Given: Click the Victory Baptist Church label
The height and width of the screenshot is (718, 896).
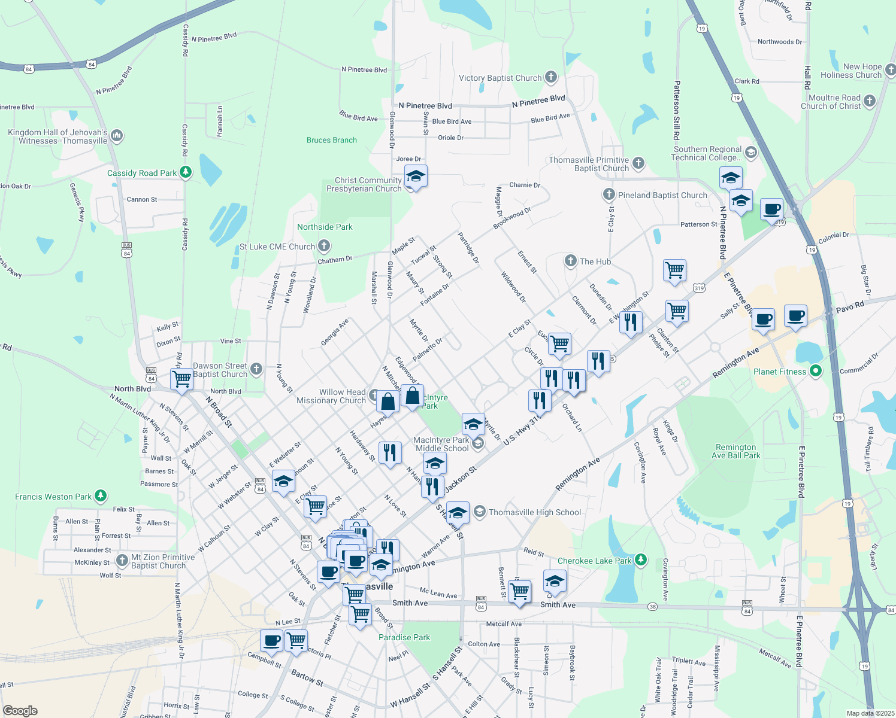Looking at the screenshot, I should tap(500, 78).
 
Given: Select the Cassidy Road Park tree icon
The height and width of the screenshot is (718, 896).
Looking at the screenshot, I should tap(186, 173).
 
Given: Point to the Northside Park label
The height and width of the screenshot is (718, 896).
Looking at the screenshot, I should tap(325, 227).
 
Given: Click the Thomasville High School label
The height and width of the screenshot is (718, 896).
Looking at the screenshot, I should tap(535, 512).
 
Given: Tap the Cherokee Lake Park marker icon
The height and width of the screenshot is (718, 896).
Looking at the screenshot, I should tap(641, 560).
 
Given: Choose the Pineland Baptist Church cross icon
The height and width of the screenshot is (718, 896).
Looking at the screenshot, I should tap(609, 194).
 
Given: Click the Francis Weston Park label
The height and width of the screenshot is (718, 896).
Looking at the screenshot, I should tap(53, 497).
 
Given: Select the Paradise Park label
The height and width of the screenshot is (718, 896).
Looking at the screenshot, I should tap(404, 637).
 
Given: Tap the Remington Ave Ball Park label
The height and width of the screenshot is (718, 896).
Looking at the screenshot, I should tap(735, 451).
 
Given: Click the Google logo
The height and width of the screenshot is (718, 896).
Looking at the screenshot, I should tap(20, 710).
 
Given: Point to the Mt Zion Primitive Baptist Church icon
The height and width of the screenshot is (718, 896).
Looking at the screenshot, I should tap(122, 561).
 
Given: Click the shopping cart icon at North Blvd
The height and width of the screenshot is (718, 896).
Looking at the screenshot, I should tap(181, 379).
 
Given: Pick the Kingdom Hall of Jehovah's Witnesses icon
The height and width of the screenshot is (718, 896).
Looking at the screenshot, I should tap(116, 136).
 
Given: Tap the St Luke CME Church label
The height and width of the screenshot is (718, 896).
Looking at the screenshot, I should tap(277, 247).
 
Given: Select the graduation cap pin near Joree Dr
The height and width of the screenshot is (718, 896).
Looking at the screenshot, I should tap(416, 177).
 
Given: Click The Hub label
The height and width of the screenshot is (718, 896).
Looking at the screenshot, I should tap(595, 261).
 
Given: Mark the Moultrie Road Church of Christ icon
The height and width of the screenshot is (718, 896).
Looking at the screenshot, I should tap(870, 101).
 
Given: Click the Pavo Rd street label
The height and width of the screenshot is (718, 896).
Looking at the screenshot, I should tap(850, 308).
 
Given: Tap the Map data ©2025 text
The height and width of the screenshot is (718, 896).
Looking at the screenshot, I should tap(870, 713).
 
